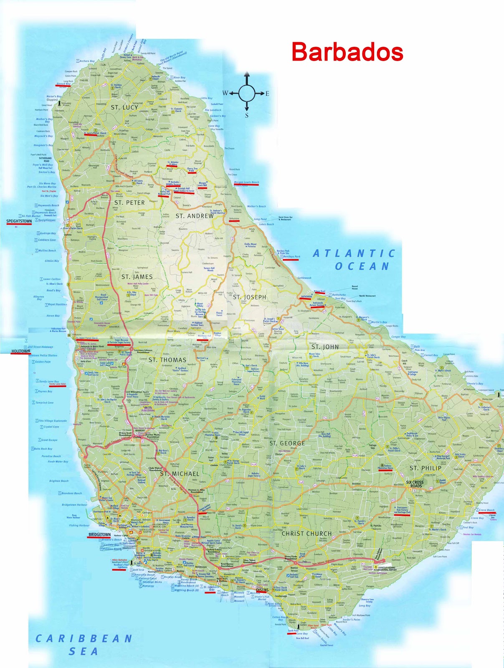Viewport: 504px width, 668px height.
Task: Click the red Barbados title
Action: [x=347, y=52]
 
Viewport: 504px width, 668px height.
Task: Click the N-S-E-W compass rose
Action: [x=247, y=93]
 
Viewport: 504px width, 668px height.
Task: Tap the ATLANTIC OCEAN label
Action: [x=355, y=260]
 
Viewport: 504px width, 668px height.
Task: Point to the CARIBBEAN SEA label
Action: [x=84, y=645]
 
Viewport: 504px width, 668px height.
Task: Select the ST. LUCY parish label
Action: [x=124, y=107]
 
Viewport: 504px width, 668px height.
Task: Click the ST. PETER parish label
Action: [x=129, y=202]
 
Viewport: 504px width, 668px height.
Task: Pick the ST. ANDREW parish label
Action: [x=195, y=216]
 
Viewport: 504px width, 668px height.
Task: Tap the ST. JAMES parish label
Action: [x=137, y=277]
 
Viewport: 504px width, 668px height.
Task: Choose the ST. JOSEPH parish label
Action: [x=249, y=297]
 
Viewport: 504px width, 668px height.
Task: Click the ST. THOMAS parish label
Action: [x=167, y=360]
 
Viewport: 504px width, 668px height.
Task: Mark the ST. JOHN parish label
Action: [x=325, y=347]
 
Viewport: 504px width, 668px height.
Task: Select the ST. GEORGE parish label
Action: [x=287, y=443]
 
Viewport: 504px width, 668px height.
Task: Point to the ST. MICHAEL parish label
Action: [x=180, y=474]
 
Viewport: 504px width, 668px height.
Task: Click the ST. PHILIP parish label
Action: [x=425, y=468]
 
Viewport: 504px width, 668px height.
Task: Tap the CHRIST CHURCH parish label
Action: [x=306, y=534]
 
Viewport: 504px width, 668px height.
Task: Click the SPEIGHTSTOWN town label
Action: [x=19, y=221]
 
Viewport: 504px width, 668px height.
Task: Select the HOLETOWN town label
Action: [x=20, y=351]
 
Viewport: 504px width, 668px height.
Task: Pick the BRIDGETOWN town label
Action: [x=100, y=535]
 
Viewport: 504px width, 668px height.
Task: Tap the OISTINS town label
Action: [x=259, y=590]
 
